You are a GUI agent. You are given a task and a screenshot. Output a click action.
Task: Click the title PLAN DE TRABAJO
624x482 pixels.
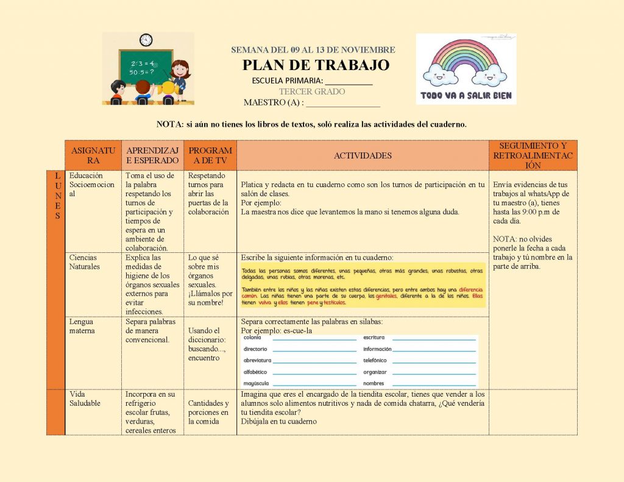click(x=316, y=65)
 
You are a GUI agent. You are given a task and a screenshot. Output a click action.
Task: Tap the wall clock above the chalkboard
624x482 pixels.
click(x=146, y=40)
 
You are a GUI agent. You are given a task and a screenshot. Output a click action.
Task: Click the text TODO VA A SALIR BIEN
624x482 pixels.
click(x=466, y=96)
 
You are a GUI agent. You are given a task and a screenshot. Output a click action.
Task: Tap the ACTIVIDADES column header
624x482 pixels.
click(x=363, y=156)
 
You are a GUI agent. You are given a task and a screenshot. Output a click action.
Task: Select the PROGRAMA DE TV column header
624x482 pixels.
click(x=210, y=155)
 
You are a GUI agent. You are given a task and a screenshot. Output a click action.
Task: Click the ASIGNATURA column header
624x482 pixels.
click(x=93, y=155)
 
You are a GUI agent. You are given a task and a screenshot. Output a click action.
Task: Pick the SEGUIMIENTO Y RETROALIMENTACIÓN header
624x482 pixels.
click(x=533, y=155)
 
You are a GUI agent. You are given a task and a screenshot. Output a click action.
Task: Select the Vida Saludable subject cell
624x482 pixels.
click(x=85, y=399)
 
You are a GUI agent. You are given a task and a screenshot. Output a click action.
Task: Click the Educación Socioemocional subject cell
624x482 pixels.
click(x=91, y=185)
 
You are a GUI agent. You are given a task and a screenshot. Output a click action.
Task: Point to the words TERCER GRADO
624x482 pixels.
click(x=311, y=91)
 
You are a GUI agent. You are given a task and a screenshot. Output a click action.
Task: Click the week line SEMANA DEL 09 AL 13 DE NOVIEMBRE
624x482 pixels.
click(x=313, y=50)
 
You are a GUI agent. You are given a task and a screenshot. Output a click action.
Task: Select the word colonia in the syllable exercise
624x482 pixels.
click(x=252, y=338)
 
